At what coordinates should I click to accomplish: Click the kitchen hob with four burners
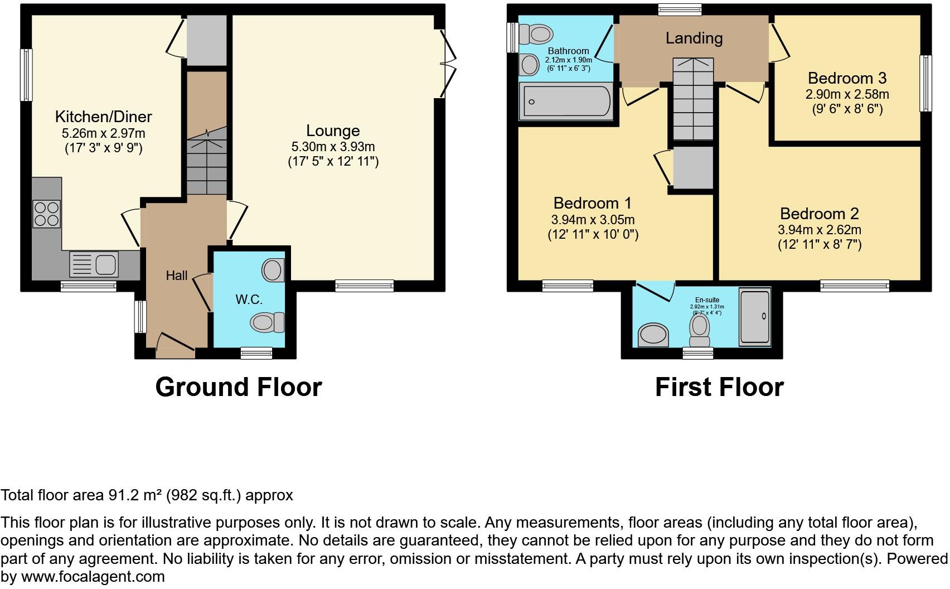pos(47,214)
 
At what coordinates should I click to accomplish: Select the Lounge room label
pos(333,131)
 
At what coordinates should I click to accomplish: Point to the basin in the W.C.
pos(273,271)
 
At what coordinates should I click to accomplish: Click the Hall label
pos(177,276)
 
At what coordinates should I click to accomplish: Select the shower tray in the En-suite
pos(755,316)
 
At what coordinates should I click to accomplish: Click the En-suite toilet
pos(699,329)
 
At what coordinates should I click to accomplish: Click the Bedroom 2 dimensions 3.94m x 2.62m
pos(820,230)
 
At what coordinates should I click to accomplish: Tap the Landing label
pos(694,38)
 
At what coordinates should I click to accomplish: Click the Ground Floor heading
pos(239,387)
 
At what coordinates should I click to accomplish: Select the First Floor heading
pos(719,387)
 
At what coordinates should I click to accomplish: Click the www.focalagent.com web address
pos(93,577)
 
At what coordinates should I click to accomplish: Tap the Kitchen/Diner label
pos(103,117)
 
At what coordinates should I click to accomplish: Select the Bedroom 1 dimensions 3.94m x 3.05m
pos(593,220)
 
